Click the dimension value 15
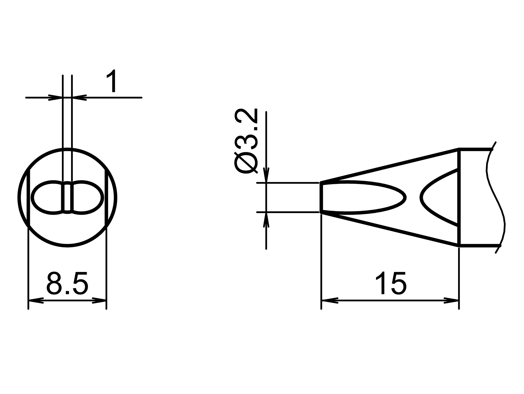click(x=390, y=283)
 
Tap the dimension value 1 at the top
click(x=112, y=81)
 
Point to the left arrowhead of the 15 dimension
click(x=329, y=300)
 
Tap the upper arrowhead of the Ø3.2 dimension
click(x=267, y=175)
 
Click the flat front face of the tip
click(x=321, y=198)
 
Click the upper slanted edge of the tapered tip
click(x=390, y=165)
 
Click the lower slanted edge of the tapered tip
click(x=390, y=229)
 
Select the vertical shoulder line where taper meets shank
click(x=459, y=198)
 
